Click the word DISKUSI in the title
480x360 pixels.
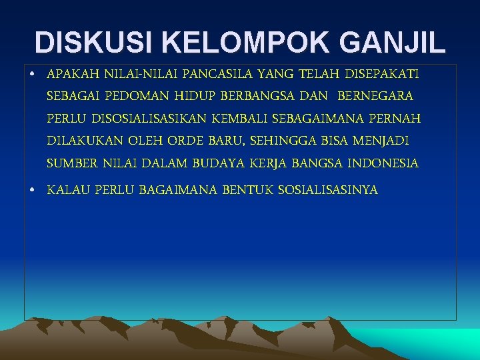click(x=92, y=42)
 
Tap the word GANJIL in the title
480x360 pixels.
click(x=393, y=42)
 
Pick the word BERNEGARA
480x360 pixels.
click(x=376, y=96)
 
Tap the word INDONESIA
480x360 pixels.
click(x=383, y=163)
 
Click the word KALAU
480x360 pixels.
click(x=68, y=191)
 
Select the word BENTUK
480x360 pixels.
click(x=246, y=191)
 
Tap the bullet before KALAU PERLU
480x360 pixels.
click(x=32, y=191)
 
